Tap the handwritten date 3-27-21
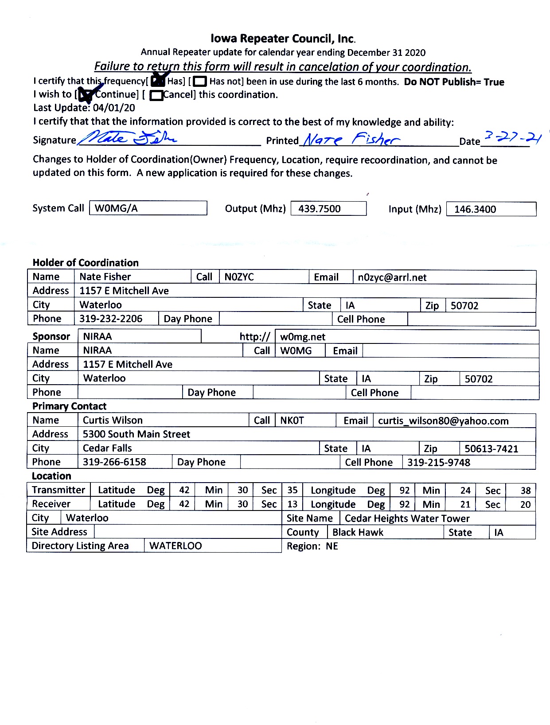[513, 138]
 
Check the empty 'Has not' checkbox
[200, 82]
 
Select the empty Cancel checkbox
[156, 95]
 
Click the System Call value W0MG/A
[116, 208]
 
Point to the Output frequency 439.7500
[320, 209]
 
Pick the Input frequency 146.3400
[475, 209]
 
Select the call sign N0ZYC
[239, 277]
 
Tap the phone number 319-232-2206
[111, 319]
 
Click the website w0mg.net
[303, 337]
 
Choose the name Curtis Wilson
[113, 420]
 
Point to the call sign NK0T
[292, 420]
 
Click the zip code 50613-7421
[491, 448]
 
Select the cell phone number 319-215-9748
[439, 462]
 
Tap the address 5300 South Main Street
[137, 434]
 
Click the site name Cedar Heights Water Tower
[407, 518]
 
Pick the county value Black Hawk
[358, 532]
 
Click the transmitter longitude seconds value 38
[526, 491]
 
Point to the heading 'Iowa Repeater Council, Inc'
[283, 39]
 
